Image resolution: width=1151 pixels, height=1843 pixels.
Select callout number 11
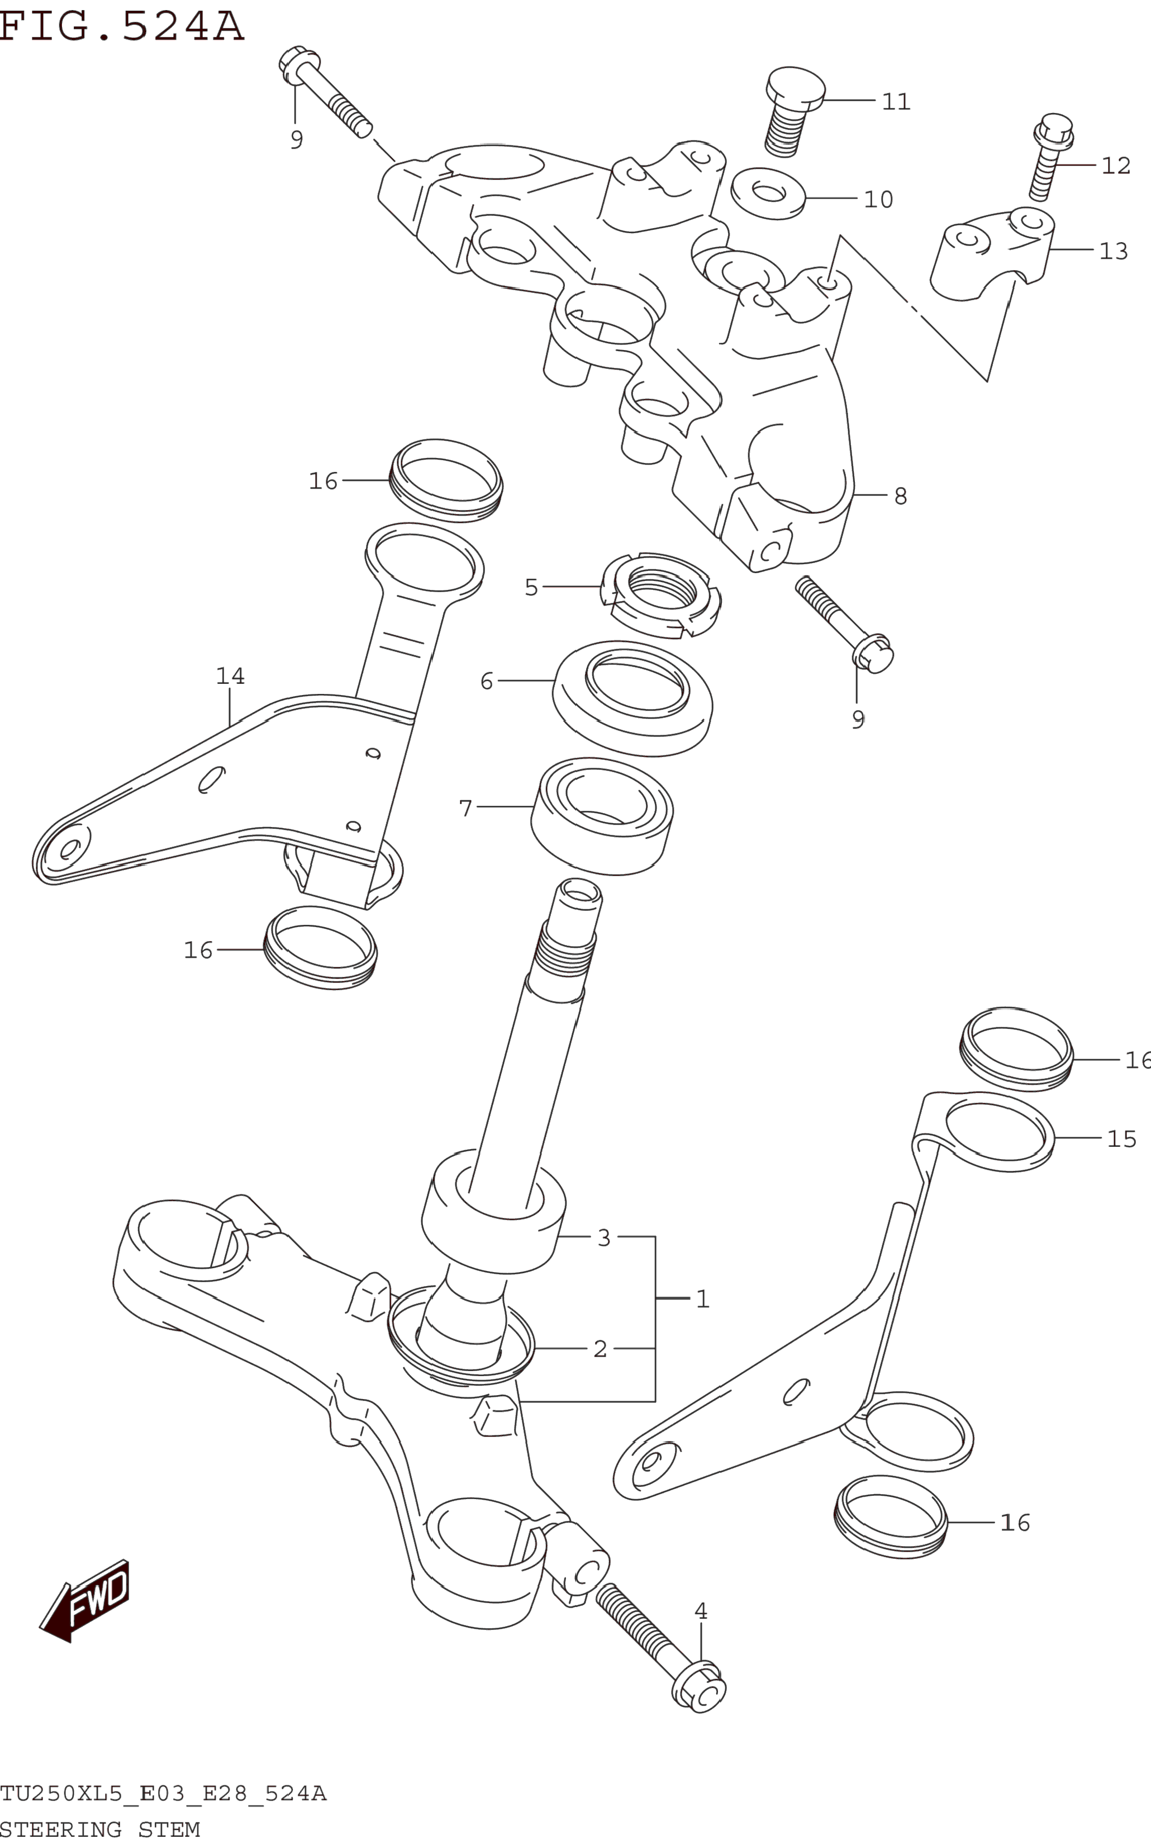tap(896, 101)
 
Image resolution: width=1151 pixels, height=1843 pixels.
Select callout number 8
tap(901, 497)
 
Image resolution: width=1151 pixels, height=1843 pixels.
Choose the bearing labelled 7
tap(601, 816)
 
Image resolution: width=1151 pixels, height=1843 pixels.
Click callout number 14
tap(230, 676)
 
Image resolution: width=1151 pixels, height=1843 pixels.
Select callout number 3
tap(603, 1237)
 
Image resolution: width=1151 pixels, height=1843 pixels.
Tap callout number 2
tap(600, 1349)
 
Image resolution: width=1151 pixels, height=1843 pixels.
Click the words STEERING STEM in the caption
tap(99, 1829)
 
